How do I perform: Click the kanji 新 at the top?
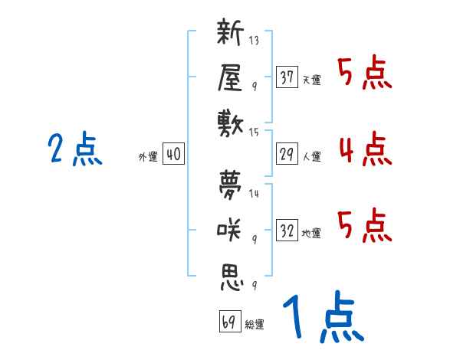[230, 34]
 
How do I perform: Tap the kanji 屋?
[230, 77]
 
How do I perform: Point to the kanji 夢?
[230, 186]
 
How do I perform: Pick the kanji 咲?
[230, 229]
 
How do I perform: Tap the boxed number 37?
[287, 77]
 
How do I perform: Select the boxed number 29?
[287, 155]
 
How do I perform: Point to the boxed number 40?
[173, 155]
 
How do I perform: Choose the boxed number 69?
[228, 322]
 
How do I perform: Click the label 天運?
[311, 80]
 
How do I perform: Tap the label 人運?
[311, 157]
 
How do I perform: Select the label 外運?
[147, 157]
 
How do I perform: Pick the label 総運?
[255, 325]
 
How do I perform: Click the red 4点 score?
[365, 149]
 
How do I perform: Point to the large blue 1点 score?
[322, 318]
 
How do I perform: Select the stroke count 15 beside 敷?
[255, 132]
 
